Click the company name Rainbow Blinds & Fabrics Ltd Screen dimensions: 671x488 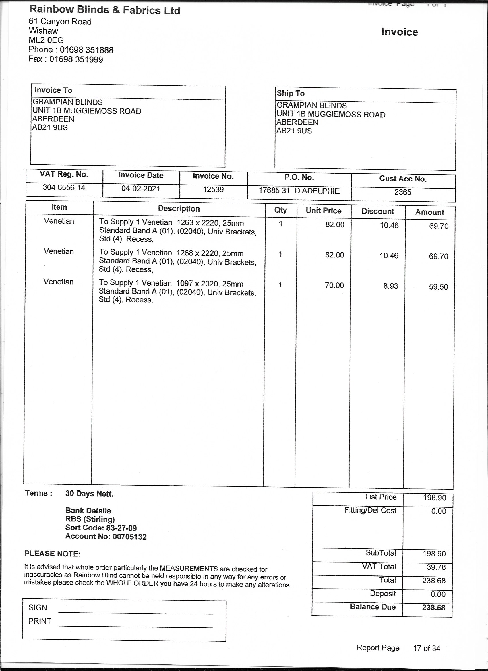[x=104, y=10]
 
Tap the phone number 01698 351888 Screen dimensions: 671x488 [x=86, y=50]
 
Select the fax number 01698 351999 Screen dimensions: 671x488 [x=76, y=59]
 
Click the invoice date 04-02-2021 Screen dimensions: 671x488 [x=141, y=189]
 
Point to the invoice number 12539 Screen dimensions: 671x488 [x=213, y=190]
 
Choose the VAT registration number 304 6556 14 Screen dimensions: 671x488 [x=64, y=188]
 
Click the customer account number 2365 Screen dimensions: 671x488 [x=403, y=192]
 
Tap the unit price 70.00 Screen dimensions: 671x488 [x=334, y=286]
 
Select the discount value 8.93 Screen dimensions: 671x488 [x=391, y=286]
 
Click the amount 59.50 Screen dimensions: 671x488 [x=438, y=287]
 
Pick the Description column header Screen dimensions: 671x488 [x=179, y=209]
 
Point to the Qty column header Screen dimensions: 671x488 [x=280, y=210]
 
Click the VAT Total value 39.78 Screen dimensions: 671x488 [x=434, y=567]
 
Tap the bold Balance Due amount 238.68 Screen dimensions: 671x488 [x=433, y=608]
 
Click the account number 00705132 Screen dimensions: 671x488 [x=130, y=537]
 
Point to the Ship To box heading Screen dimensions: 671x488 [x=290, y=94]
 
